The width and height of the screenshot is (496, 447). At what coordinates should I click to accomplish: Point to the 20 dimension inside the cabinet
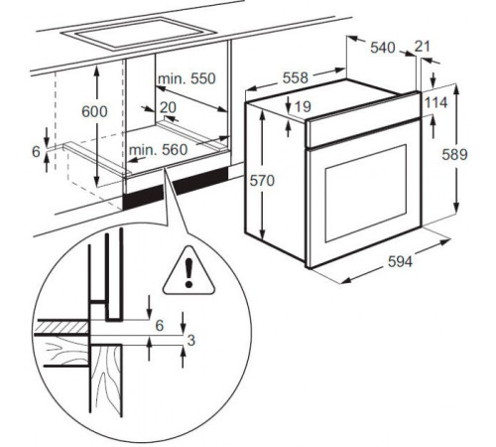pyautogui.click(x=166, y=106)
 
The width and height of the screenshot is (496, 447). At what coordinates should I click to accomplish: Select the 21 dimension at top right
pyautogui.click(x=425, y=47)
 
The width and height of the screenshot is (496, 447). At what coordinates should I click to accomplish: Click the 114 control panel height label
pyautogui.click(x=437, y=103)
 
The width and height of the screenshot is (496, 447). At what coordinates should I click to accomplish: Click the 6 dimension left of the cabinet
pyautogui.click(x=37, y=153)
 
